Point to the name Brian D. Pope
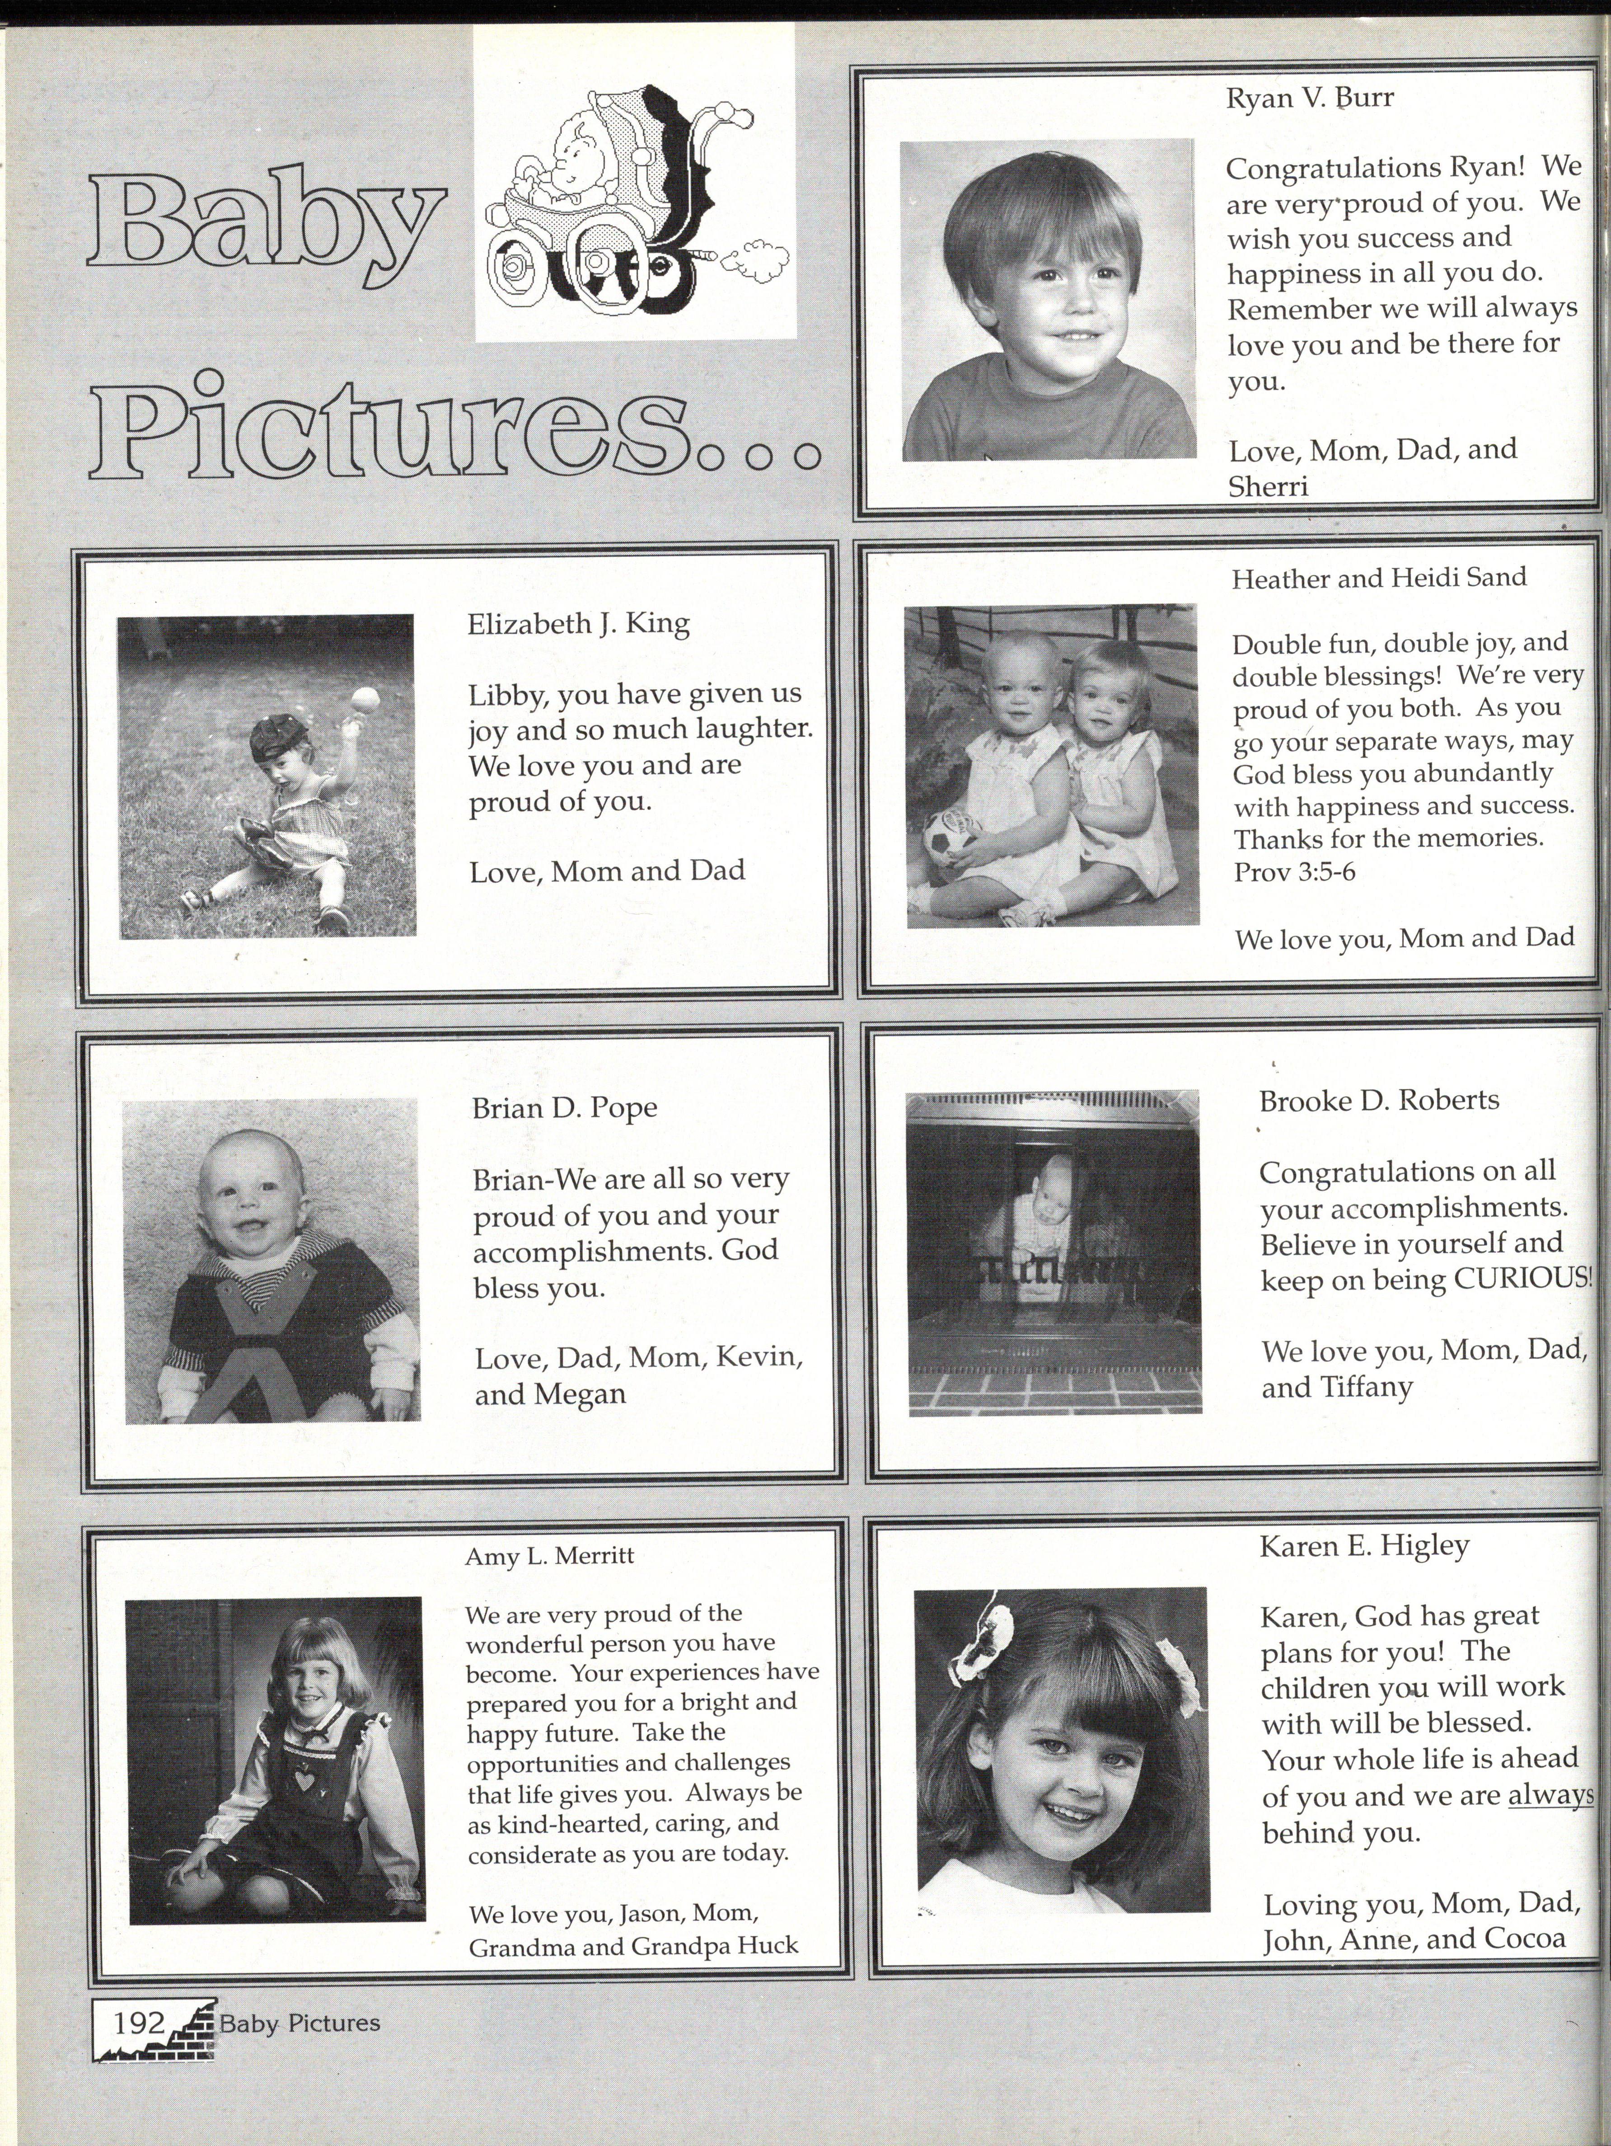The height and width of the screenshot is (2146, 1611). click(564, 1108)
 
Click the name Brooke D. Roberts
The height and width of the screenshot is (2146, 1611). click(1378, 1100)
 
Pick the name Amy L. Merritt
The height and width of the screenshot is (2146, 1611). click(549, 1556)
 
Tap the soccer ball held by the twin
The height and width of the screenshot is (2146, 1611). click(948, 839)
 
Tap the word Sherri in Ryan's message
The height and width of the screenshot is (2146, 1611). click(1268, 487)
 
